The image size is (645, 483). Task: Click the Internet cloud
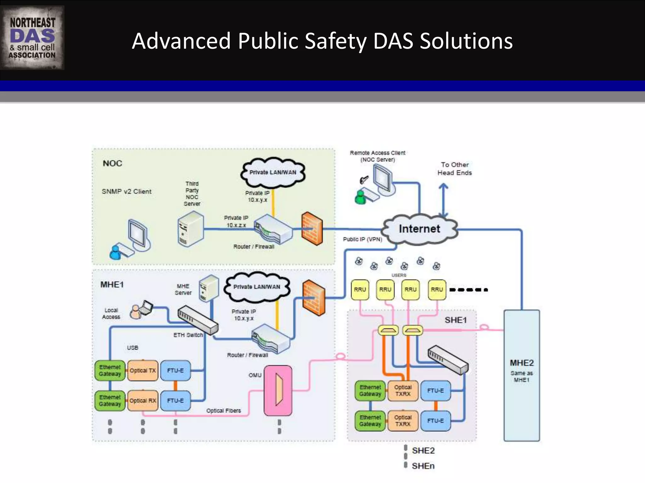click(x=419, y=229)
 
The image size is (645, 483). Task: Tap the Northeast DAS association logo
click(x=32, y=38)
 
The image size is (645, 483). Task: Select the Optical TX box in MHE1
click(x=143, y=371)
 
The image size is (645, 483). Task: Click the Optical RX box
click(x=143, y=401)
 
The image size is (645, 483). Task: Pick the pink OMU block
click(x=278, y=390)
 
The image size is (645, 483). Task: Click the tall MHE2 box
click(x=522, y=375)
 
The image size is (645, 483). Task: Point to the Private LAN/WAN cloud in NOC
click(x=273, y=172)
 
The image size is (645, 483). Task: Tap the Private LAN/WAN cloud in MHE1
click(x=257, y=287)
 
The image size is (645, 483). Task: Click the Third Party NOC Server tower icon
click(x=190, y=229)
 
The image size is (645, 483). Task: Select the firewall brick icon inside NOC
click(x=312, y=229)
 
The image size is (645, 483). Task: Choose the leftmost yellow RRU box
click(x=360, y=290)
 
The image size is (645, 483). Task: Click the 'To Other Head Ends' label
click(x=454, y=169)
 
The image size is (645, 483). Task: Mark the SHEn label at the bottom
click(x=423, y=466)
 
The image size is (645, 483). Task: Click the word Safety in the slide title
click(x=336, y=41)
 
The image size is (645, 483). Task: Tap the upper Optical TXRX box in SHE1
click(x=403, y=391)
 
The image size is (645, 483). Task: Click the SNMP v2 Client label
click(x=127, y=192)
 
